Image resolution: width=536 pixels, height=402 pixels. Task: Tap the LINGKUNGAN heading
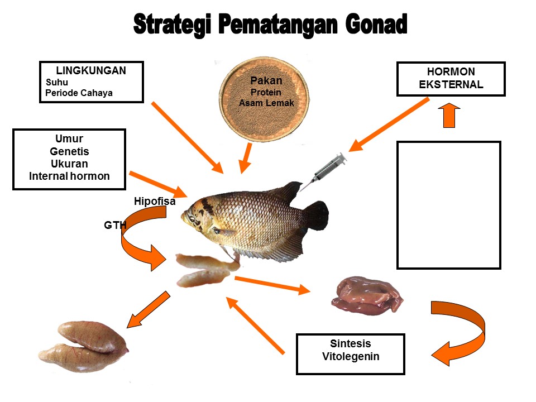tap(91, 71)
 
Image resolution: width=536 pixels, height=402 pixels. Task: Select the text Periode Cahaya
tap(79, 93)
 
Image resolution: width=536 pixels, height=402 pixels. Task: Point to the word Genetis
tap(69, 151)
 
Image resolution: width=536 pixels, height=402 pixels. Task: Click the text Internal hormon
tap(69, 176)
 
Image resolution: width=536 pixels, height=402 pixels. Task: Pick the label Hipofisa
tap(155, 202)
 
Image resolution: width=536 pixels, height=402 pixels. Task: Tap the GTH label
tap(115, 226)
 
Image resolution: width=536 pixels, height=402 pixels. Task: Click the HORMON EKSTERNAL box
tap(451, 79)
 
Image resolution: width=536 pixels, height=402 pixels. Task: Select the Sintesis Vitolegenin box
tap(350, 350)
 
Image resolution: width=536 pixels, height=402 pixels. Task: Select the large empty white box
tap(448, 205)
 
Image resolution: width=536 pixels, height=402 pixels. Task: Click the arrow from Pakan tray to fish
tap(246, 157)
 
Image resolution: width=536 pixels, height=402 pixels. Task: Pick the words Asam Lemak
tap(266, 103)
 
